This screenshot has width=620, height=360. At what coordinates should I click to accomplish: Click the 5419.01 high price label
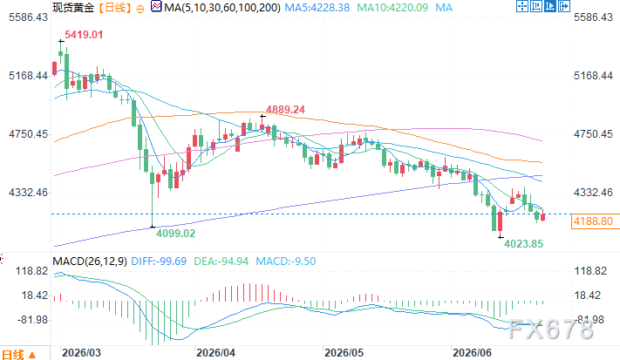click(84, 35)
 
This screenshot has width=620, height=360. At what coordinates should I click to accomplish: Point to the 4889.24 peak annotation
click(285, 110)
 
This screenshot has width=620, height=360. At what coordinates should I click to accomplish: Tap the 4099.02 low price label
click(175, 233)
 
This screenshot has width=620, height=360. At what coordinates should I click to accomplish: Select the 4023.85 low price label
click(523, 244)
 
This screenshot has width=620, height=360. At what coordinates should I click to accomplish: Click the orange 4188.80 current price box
click(593, 221)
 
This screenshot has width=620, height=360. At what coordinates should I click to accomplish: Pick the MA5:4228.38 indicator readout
click(317, 8)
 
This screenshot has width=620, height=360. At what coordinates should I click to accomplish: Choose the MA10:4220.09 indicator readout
click(392, 8)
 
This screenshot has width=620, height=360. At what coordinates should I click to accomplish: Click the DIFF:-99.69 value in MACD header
click(159, 262)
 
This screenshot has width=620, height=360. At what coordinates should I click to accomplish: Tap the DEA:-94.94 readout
click(221, 262)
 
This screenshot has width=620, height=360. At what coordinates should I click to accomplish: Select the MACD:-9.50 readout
click(286, 262)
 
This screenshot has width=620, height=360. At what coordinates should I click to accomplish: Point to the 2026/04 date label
click(215, 353)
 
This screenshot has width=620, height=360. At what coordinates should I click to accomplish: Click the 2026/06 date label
click(472, 353)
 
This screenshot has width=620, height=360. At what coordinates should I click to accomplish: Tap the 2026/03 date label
click(81, 353)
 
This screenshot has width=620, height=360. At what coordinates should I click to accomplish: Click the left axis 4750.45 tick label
click(28, 134)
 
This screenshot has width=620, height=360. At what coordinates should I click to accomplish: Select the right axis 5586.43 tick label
click(593, 17)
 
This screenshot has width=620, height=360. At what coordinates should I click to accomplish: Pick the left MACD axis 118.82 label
click(31, 271)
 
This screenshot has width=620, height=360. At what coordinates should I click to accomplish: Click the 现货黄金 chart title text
click(73, 8)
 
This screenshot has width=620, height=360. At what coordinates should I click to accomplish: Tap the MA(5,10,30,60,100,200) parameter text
click(222, 8)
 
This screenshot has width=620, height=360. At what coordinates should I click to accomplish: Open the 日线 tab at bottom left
click(13, 355)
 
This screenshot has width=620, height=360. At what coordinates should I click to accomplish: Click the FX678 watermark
click(550, 329)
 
